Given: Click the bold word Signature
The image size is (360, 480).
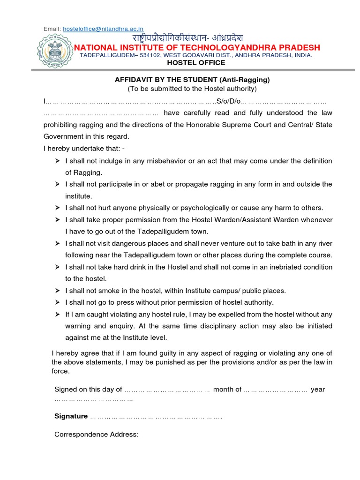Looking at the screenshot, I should (x=71, y=416).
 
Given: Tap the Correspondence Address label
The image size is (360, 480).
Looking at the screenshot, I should (x=97, y=435).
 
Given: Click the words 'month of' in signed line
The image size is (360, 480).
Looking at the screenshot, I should (x=227, y=390).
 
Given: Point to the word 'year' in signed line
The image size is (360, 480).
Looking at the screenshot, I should (x=318, y=390).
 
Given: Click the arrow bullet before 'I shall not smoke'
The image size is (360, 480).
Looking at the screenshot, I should (x=57, y=291).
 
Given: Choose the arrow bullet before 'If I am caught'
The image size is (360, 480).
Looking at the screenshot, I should (x=57, y=314).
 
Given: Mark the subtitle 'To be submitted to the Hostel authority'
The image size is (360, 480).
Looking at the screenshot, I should (x=192, y=89).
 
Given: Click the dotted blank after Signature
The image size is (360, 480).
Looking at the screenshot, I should (x=155, y=417).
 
